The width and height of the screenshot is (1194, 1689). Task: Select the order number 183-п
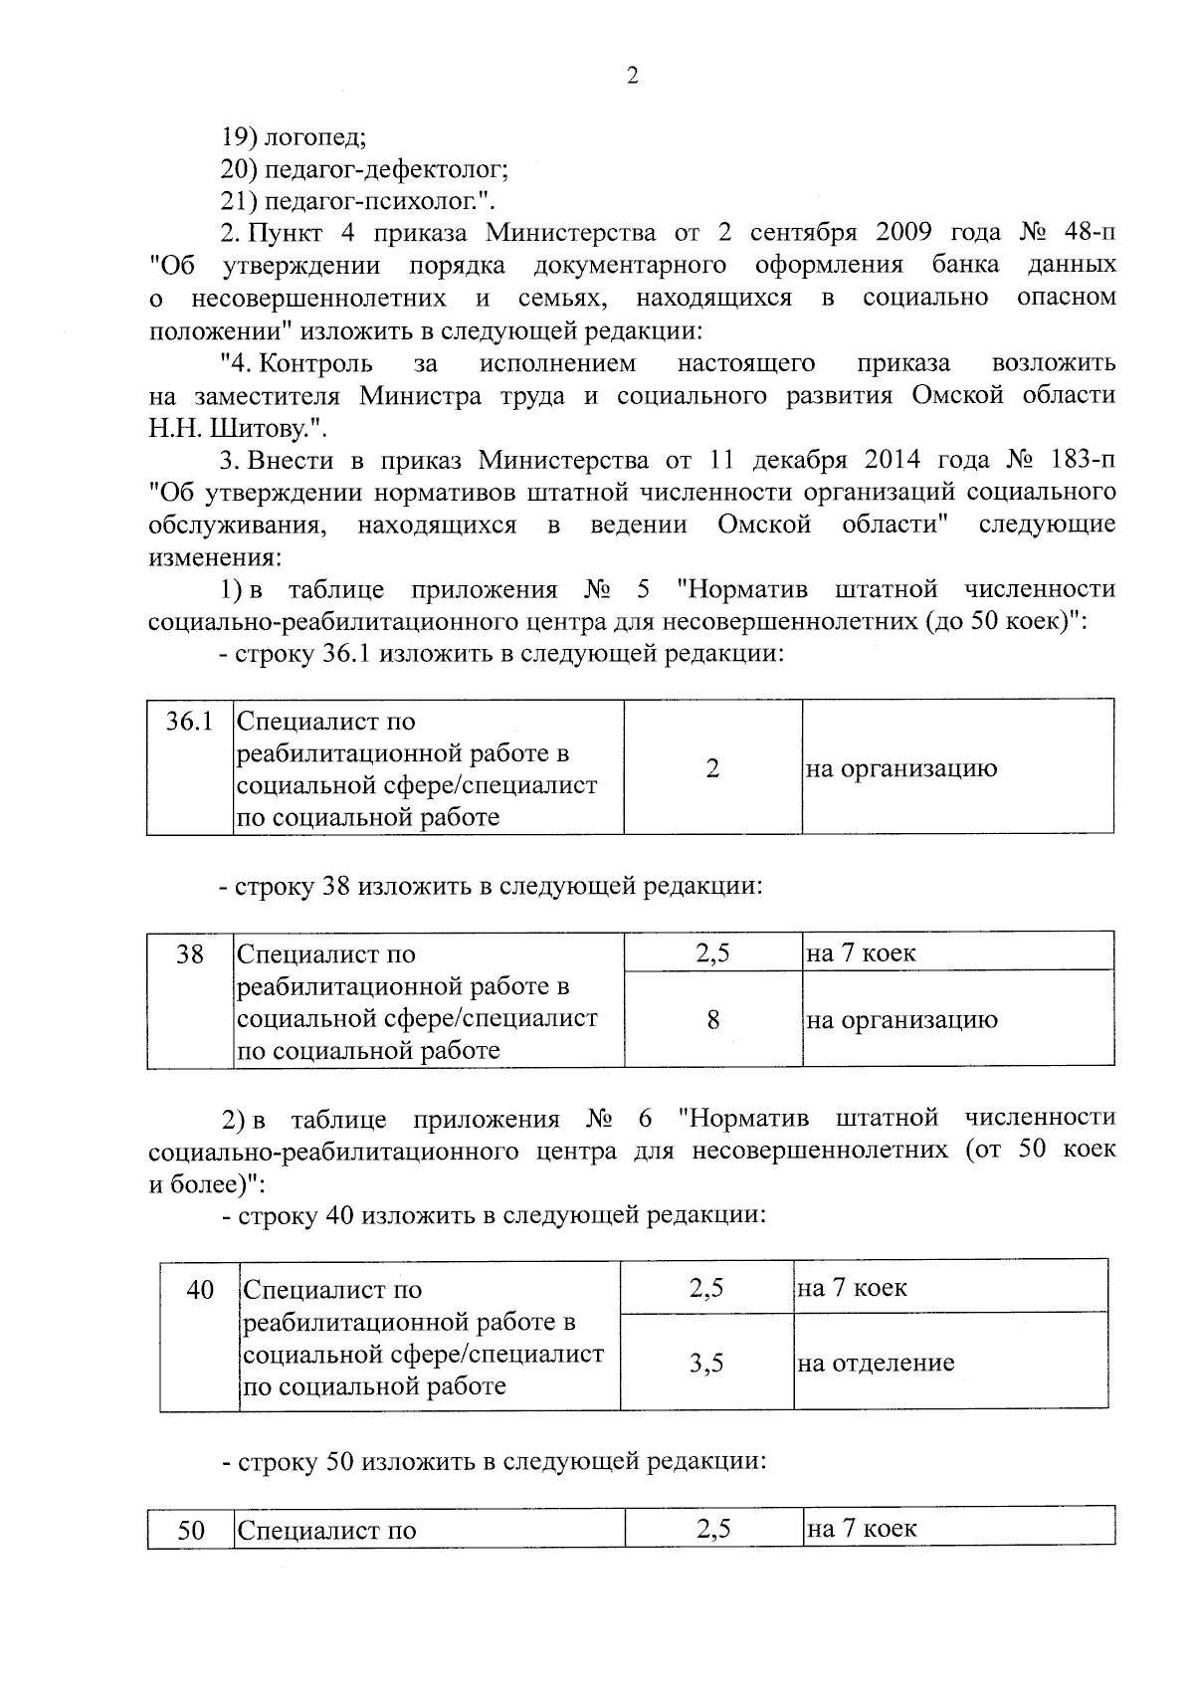pos(1083,460)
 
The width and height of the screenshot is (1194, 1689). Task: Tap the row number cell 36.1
pos(189,722)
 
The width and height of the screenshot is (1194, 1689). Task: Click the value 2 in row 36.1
pos(712,768)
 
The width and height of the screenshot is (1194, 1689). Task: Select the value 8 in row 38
pos(713,1020)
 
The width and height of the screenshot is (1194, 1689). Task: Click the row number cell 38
pos(189,954)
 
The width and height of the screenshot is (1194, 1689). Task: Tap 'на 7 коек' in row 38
pos(862,953)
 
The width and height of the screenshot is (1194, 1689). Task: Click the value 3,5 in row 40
pos(706,1363)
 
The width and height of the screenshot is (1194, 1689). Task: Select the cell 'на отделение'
pos(876,1363)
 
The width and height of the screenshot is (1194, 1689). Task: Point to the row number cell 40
pos(200,1290)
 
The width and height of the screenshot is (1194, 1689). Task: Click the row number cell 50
pos(190,1530)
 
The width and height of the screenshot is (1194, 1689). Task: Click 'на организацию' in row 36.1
pos(901,768)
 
